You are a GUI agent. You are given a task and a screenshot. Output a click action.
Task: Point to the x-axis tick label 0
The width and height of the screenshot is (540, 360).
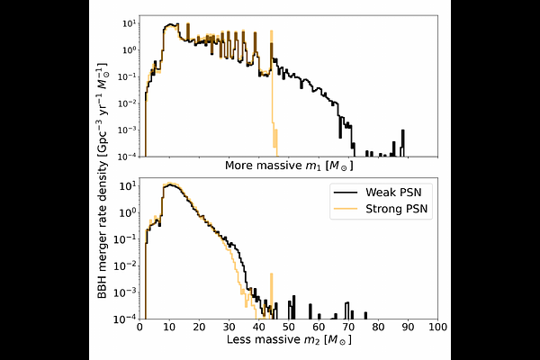pos(138,328)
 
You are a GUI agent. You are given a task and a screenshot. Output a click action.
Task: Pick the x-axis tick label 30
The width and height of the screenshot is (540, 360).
pos(228,328)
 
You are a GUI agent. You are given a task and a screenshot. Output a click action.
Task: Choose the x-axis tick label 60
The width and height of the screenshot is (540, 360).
pos(318,328)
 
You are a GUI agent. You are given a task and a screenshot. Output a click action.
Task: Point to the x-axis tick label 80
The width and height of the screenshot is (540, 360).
pos(378,328)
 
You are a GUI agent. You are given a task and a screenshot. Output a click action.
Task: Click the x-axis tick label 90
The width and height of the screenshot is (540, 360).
pos(408,328)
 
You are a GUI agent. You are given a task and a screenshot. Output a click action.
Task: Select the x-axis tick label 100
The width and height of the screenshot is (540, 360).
pos(437,328)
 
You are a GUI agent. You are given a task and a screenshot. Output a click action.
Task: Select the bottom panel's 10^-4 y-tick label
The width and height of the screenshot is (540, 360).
pos(125,319)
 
